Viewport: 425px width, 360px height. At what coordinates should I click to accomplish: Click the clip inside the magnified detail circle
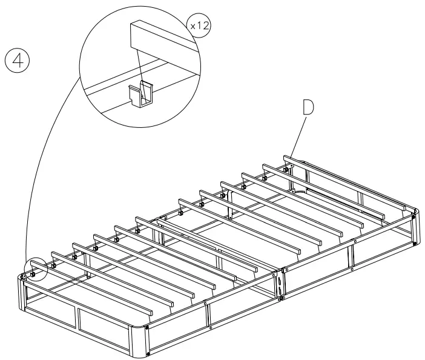click(141, 95)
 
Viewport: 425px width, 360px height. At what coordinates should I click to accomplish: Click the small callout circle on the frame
click(34, 268)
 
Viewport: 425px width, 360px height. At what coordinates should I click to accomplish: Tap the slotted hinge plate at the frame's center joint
click(280, 282)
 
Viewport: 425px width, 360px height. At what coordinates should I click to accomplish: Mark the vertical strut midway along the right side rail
click(352, 255)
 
